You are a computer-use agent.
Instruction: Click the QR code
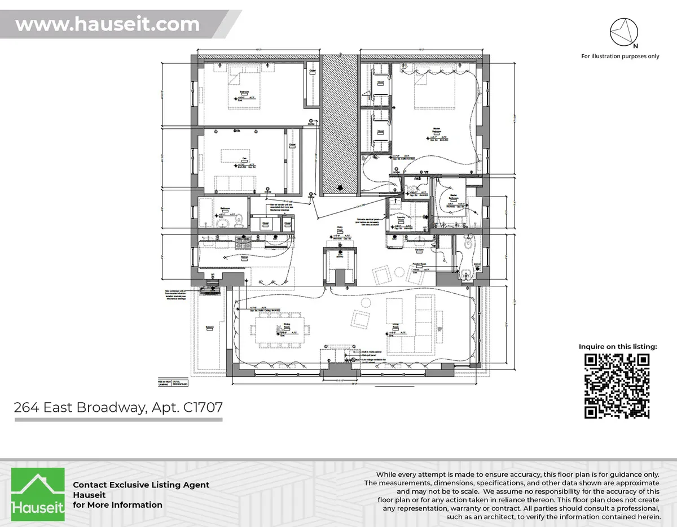[616, 386]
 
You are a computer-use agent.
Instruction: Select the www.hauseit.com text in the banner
[107, 25]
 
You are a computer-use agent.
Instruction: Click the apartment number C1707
[203, 407]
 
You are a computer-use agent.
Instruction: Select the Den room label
[244, 159]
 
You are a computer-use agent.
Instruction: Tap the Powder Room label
[419, 264]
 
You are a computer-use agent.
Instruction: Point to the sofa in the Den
[236, 184]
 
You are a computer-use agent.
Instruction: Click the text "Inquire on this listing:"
[618, 346]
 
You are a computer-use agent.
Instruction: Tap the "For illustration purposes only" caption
[620, 56]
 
